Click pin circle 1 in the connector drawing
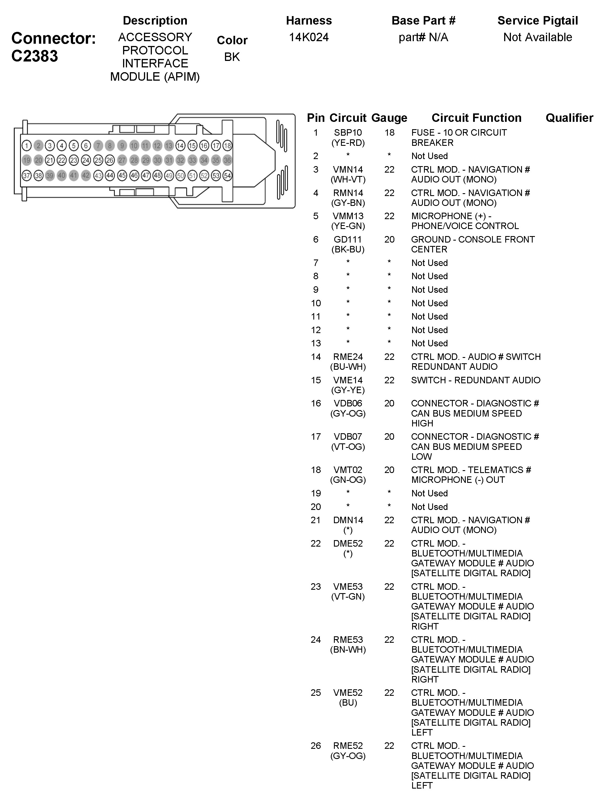pyautogui.click(x=27, y=146)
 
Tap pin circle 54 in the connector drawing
pyautogui.click(x=227, y=176)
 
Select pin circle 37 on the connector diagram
pyautogui.click(x=27, y=176)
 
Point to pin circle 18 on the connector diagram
pyautogui.click(x=227, y=146)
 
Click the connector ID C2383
pyautogui.click(x=34, y=56)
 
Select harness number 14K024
pyautogui.click(x=309, y=37)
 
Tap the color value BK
pyautogui.click(x=232, y=57)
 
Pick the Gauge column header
pyautogui.click(x=389, y=118)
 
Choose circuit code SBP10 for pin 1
pyautogui.click(x=348, y=133)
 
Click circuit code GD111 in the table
pyautogui.click(x=348, y=239)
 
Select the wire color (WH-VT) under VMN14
pyautogui.click(x=348, y=179)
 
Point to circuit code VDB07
pyautogui.click(x=348, y=437)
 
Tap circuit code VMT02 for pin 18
pyautogui.click(x=348, y=470)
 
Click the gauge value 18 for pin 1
pyautogui.click(x=389, y=133)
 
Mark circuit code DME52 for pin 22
pyautogui.click(x=348, y=543)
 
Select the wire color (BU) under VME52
pyautogui.click(x=348, y=703)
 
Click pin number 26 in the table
pyautogui.click(x=316, y=746)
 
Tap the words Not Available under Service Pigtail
pyautogui.click(x=537, y=37)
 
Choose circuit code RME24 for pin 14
pyautogui.click(x=348, y=357)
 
